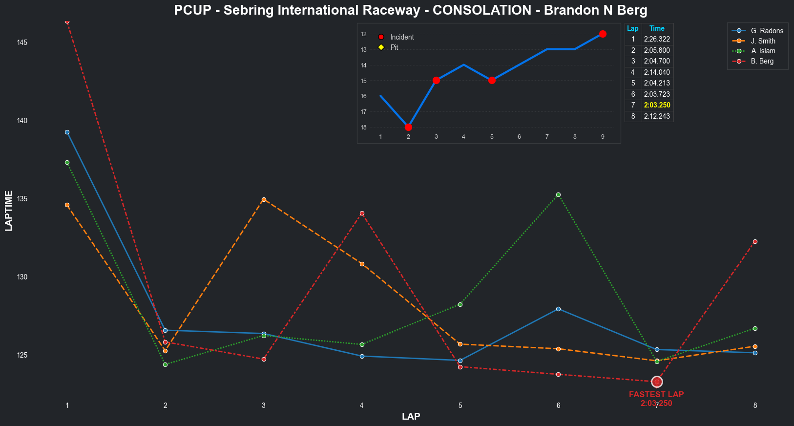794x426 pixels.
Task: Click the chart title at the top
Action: tap(410, 10)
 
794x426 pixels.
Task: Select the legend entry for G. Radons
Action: tap(767, 31)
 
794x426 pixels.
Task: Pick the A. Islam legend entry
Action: tap(763, 51)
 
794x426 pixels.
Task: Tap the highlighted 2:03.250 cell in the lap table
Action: tap(657, 105)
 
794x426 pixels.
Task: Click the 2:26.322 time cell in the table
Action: tap(657, 39)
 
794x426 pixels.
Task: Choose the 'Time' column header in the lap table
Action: tap(657, 28)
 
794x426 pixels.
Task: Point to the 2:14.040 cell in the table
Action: tap(657, 72)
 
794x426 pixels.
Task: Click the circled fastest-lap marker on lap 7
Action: tap(657, 382)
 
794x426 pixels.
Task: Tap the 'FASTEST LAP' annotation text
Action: tap(656, 394)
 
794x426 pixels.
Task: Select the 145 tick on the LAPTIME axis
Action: tap(22, 43)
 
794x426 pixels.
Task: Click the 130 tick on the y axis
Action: tap(22, 277)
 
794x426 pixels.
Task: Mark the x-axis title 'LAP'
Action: tap(411, 416)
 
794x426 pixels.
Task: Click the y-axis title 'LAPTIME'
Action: tap(8, 211)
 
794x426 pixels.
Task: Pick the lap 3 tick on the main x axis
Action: tap(264, 405)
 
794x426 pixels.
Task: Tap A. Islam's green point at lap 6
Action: tap(558, 194)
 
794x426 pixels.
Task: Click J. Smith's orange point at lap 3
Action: tap(264, 199)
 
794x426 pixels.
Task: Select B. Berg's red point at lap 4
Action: tap(362, 213)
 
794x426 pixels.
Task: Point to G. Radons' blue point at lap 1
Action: tap(67, 132)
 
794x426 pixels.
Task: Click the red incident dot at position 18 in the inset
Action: tap(408, 128)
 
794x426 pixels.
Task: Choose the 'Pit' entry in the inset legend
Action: tap(394, 47)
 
